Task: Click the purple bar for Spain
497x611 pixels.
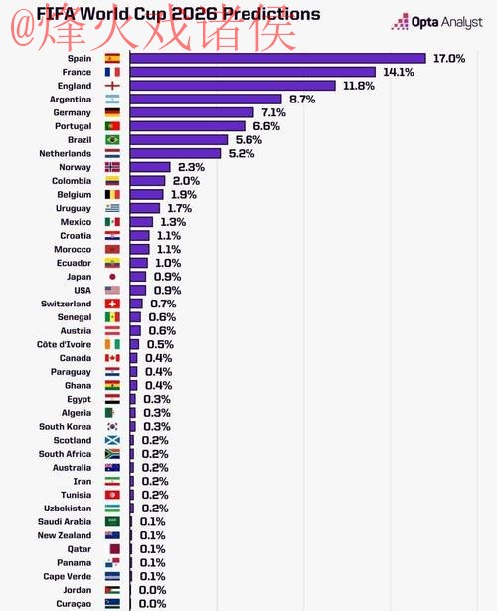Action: click(277, 59)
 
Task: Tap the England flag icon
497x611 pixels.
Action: click(112, 86)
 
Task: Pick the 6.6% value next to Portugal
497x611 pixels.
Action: click(266, 126)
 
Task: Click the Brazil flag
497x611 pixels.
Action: click(112, 140)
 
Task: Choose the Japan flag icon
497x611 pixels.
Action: click(112, 277)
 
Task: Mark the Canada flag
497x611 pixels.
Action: click(112, 358)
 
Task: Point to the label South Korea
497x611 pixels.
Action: click(66, 426)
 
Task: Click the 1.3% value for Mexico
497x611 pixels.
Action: click(173, 222)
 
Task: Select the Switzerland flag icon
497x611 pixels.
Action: click(112, 304)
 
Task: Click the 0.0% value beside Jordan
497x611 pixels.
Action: click(152, 589)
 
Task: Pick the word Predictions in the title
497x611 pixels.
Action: click(270, 14)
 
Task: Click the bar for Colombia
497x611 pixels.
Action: click(148, 181)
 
